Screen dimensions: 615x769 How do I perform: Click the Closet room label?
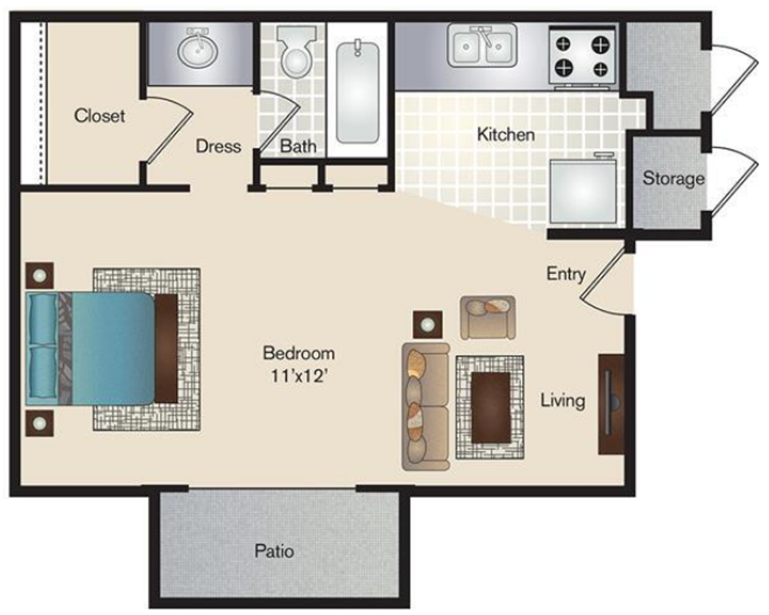click(x=99, y=116)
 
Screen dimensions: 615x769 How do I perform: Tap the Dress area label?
click(x=218, y=146)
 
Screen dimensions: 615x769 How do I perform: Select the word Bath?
click(x=298, y=146)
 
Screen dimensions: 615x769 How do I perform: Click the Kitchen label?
click(x=506, y=135)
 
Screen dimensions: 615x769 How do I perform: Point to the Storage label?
click(x=674, y=179)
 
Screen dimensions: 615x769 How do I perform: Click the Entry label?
click(x=566, y=274)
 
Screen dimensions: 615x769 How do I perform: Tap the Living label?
click(x=563, y=401)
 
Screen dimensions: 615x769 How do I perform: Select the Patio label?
click(x=274, y=550)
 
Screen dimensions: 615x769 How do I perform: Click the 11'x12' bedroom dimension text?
click(x=299, y=376)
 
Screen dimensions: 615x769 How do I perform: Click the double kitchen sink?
click(x=483, y=46)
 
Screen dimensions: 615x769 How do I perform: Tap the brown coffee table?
click(x=490, y=407)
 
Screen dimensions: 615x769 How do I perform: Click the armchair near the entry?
click(x=488, y=317)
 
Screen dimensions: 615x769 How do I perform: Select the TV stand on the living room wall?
click(x=611, y=404)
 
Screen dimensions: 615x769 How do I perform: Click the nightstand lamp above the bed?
click(x=40, y=275)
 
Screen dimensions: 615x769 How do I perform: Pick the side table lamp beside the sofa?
click(x=427, y=325)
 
